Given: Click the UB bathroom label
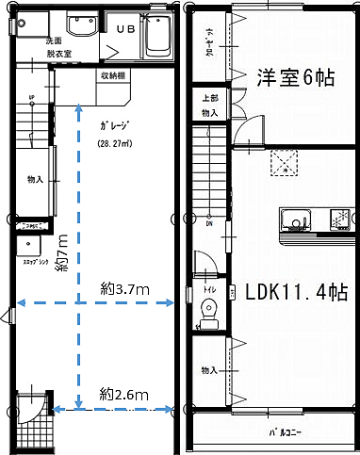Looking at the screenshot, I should pos(125,28).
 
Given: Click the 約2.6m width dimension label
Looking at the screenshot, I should pos(124,394).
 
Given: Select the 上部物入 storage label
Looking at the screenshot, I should pos(209,106).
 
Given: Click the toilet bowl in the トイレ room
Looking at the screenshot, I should pos(209,310).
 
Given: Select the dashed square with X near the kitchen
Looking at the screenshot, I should pos(283,163).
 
